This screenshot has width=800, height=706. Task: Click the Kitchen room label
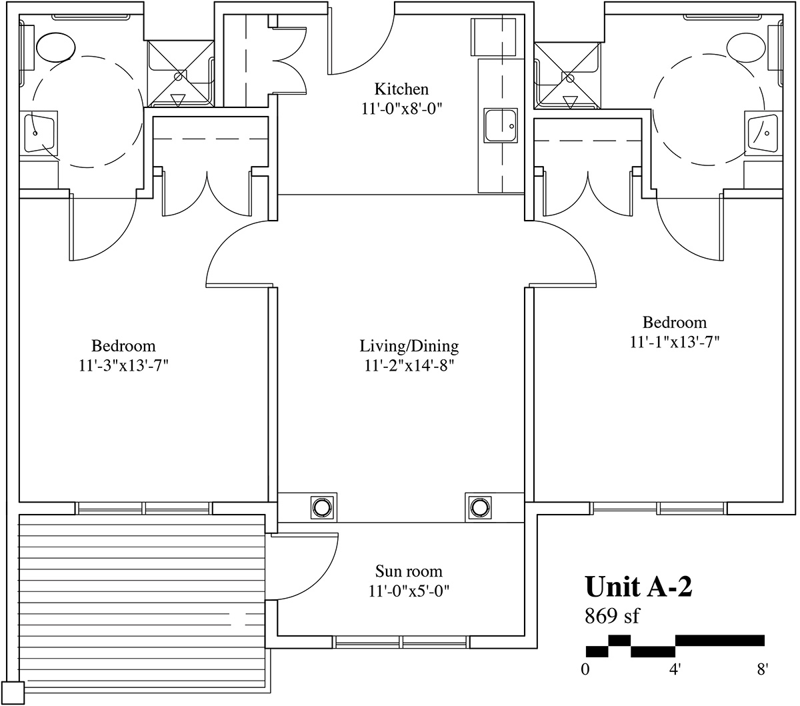tap(401, 89)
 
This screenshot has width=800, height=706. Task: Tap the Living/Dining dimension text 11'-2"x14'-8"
tap(409, 365)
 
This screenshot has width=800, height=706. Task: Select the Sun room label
tap(409, 571)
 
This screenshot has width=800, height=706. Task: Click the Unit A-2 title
tap(639, 587)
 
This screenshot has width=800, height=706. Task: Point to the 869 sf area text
tap(611, 615)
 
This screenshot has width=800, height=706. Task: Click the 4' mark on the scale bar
tap(675, 669)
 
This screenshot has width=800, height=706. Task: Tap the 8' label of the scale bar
tap(763, 669)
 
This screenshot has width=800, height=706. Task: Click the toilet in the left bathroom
tap(55, 47)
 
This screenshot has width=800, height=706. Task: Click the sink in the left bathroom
tap(39, 133)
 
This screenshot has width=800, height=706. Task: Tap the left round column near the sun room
tap(323, 507)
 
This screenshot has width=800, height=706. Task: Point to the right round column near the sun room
tap(479, 507)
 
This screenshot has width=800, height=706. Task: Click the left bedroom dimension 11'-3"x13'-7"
tap(124, 365)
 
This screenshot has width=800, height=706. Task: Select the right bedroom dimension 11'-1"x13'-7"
tap(675, 342)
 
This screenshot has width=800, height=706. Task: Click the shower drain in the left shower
tap(180, 76)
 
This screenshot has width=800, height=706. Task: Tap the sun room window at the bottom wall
tap(401, 642)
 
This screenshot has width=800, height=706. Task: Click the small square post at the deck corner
tap(13, 693)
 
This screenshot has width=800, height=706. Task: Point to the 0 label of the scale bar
tap(585, 669)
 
